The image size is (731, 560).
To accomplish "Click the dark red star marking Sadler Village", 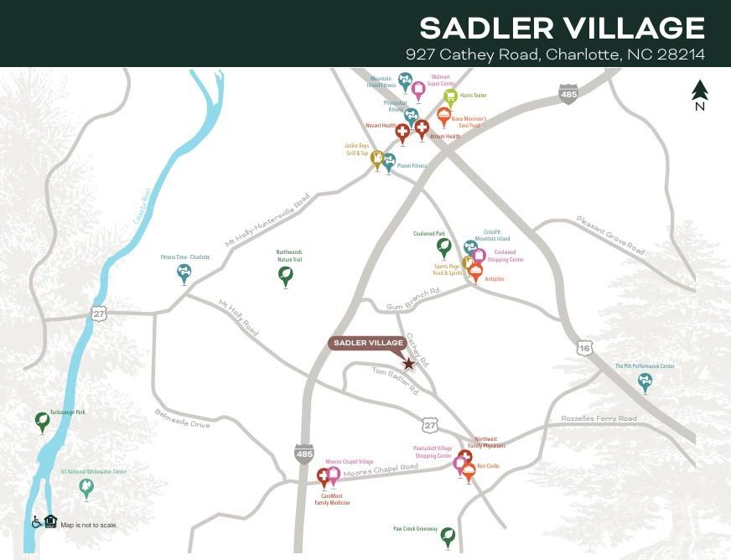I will tap(408, 364).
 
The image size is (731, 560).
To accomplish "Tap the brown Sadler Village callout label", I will tap(369, 343).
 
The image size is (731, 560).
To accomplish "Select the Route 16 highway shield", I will tap(584, 346).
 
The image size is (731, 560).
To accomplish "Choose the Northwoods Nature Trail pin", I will tap(286, 275).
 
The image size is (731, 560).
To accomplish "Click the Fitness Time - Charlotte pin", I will tap(184, 272).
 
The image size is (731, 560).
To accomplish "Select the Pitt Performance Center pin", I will tap(645, 381).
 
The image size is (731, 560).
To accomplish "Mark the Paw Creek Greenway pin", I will tap(448, 536).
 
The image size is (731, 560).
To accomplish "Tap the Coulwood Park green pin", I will tap(443, 246).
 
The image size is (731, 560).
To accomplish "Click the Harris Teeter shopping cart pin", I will tap(450, 97).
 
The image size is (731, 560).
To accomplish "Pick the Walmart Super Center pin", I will tap(418, 90).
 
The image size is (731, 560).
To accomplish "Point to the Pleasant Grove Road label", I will tap(610, 235).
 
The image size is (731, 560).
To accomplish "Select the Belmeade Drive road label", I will tap(182, 418).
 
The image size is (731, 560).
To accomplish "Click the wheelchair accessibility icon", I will tap(37, 522).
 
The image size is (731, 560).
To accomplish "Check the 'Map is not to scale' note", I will tap(89, 525).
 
